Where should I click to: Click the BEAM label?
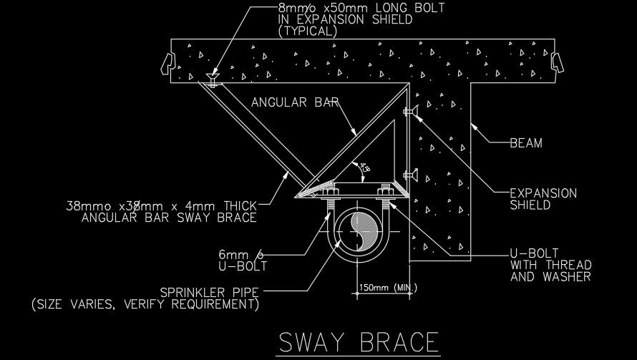pyautogui.click(x=526, y=142)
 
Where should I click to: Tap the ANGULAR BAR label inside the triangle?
pyautogui.click(x=295, y=102)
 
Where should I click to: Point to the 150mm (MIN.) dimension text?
pyautogui.click(x=386, y=288)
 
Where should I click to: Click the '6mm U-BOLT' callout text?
pyautogui.click(x=243, y=260)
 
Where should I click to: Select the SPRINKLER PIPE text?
pyautogui.click(x=210, y=292)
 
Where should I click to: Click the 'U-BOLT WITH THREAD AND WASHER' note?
pyautogui.click(x=550, y=264)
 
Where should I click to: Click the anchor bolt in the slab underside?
pyautogui.click(x=213, y=79)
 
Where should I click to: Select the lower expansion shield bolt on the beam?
pyautogui.click(x=411, y=173)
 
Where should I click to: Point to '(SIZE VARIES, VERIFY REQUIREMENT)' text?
pyautogui.click(x=144, y=305)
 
